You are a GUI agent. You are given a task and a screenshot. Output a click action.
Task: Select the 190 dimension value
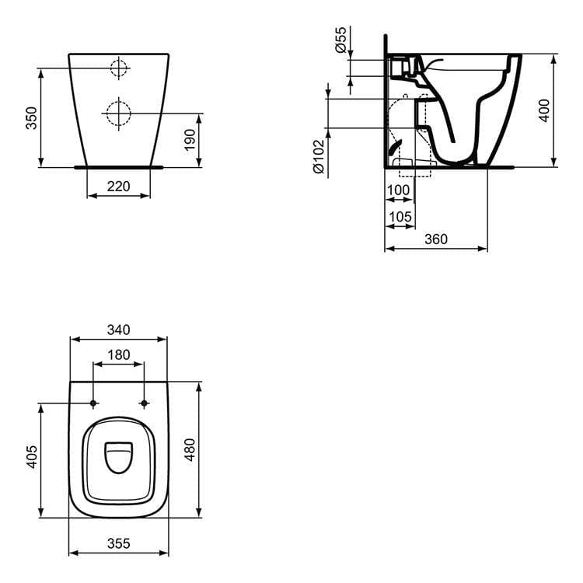[190, 140]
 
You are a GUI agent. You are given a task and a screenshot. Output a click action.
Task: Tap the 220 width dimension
[118, 187]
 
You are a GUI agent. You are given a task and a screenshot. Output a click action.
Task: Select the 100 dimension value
[398, 190]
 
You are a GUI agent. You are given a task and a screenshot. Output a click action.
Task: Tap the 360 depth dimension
[436, 239]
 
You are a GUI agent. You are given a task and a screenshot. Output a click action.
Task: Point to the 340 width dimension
[118, 330]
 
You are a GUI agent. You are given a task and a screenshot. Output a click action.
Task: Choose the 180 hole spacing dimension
[118, 354]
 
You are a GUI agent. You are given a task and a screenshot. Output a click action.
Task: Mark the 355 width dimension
[118, 543]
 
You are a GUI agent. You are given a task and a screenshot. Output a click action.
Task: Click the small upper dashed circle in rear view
[119, 68]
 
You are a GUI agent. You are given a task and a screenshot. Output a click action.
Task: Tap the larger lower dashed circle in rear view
[119, 113]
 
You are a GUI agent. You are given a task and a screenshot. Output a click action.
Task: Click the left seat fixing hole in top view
[93, 403]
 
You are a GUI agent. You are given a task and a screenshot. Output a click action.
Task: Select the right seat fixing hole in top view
[144, 403]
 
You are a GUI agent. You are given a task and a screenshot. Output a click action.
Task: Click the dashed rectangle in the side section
[414, 167]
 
